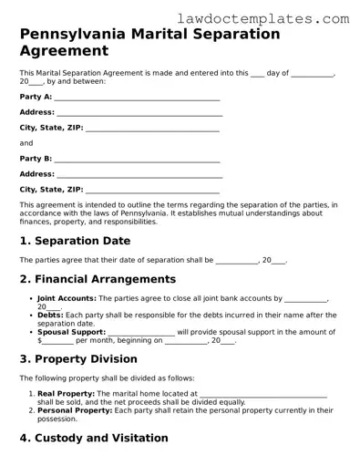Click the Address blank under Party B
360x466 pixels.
pyautogui.click(x=139, y=174)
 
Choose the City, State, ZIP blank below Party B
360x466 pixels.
pyautogui.click(x=152, y=190)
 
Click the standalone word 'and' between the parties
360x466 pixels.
pyautogui.click(x=26, y=143)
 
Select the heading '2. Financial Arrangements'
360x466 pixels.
pyautogui.click(x=98, y=279)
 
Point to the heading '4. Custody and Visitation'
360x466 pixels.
pyautogui.click(x=94, y=439)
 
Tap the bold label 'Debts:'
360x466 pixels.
pyautogui.click(x=51, y=315)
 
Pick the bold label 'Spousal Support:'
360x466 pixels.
pyautogui.click(x=71, y=332)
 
